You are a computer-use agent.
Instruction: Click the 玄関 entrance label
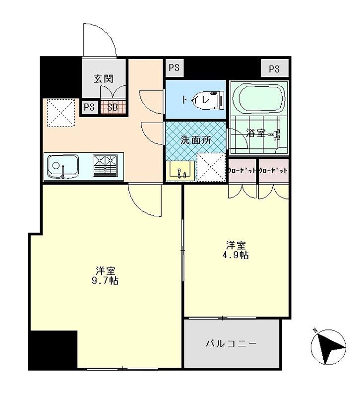click(104, 78)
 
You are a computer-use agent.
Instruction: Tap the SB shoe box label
click(113, 107)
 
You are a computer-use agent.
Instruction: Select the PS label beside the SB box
click(89, 107)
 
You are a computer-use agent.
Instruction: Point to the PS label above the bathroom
click(274, 69)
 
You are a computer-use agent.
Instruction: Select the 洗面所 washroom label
click(195, 140)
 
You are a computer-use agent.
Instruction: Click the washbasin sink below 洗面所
click(180, 170)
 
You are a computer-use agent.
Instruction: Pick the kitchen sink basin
click(62, 166)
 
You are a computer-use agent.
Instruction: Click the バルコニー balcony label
click(232, 343)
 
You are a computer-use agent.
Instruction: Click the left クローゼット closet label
click(242, 170)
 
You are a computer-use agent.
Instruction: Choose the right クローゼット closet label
click(273, 170)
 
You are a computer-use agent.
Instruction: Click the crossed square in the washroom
click(211, 166)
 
